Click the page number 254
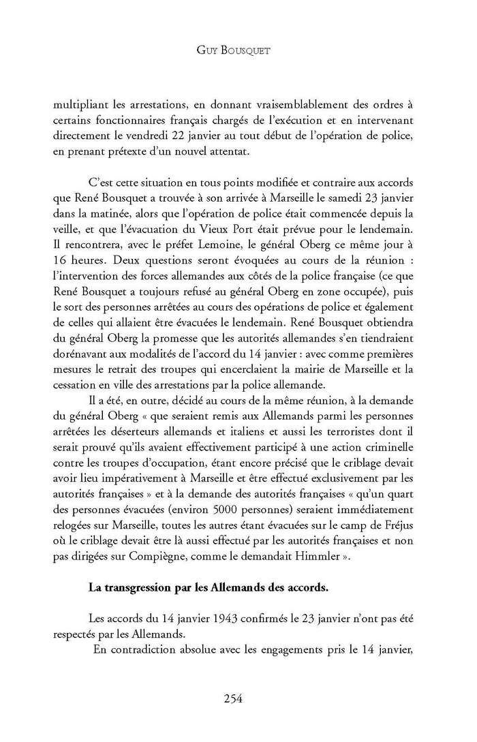233,698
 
